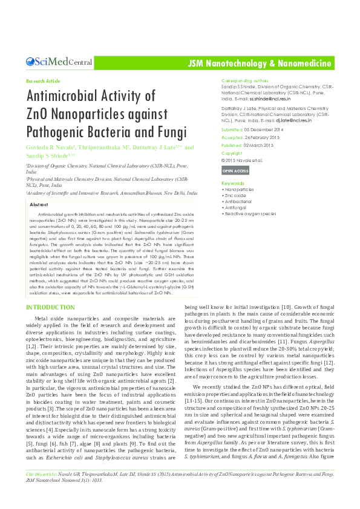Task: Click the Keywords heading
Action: (x=233, y=183)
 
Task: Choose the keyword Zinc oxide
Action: (x=235, y=196)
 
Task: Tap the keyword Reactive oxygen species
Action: (x=250, y=213)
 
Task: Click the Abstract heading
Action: (x=39, y=206)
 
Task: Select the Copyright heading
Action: (x=232, y=154)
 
